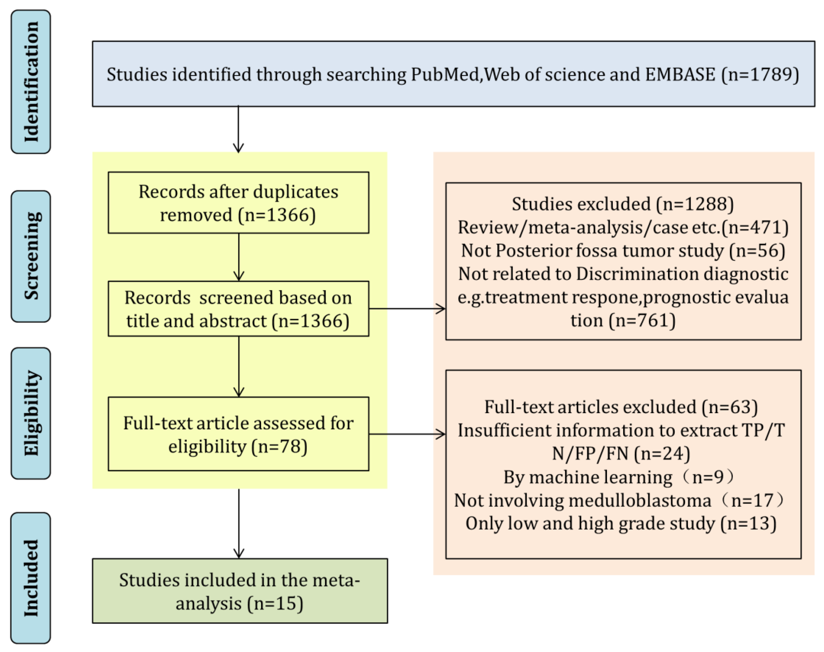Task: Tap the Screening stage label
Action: [x=31, y=256]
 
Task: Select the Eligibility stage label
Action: [x=31, y=413]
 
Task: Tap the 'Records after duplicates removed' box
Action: [x=238, y=203]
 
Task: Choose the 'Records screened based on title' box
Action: [x=238, y=309]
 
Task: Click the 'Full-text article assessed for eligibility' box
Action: [x=238, y=434]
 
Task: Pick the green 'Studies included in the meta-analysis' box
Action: [x=239, y=591]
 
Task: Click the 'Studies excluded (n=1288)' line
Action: [x=622, y=204]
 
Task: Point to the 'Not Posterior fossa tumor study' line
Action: [x=622, y=251]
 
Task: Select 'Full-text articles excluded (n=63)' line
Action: [x=621, y=407]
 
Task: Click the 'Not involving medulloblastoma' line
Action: [x=619, y=500]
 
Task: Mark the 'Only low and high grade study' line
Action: [x=621, y=523]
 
